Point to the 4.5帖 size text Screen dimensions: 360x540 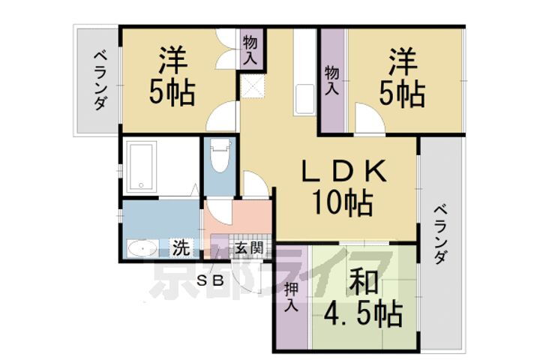click(364, 313)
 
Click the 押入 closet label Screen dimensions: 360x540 click(292, 297)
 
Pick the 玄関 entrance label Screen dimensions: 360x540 click(248, 247)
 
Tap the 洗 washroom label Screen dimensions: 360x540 click(181, 246)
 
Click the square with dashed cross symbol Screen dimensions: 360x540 click(253, 88)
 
